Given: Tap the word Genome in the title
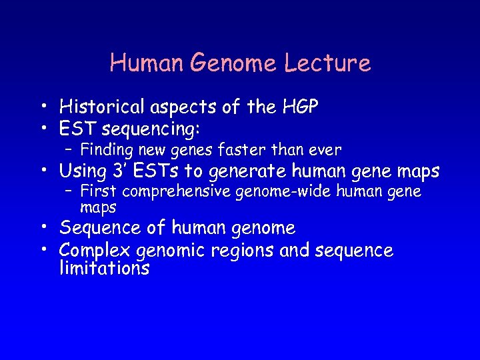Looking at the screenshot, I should pos(228,63).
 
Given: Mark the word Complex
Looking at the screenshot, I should pos(95,251).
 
